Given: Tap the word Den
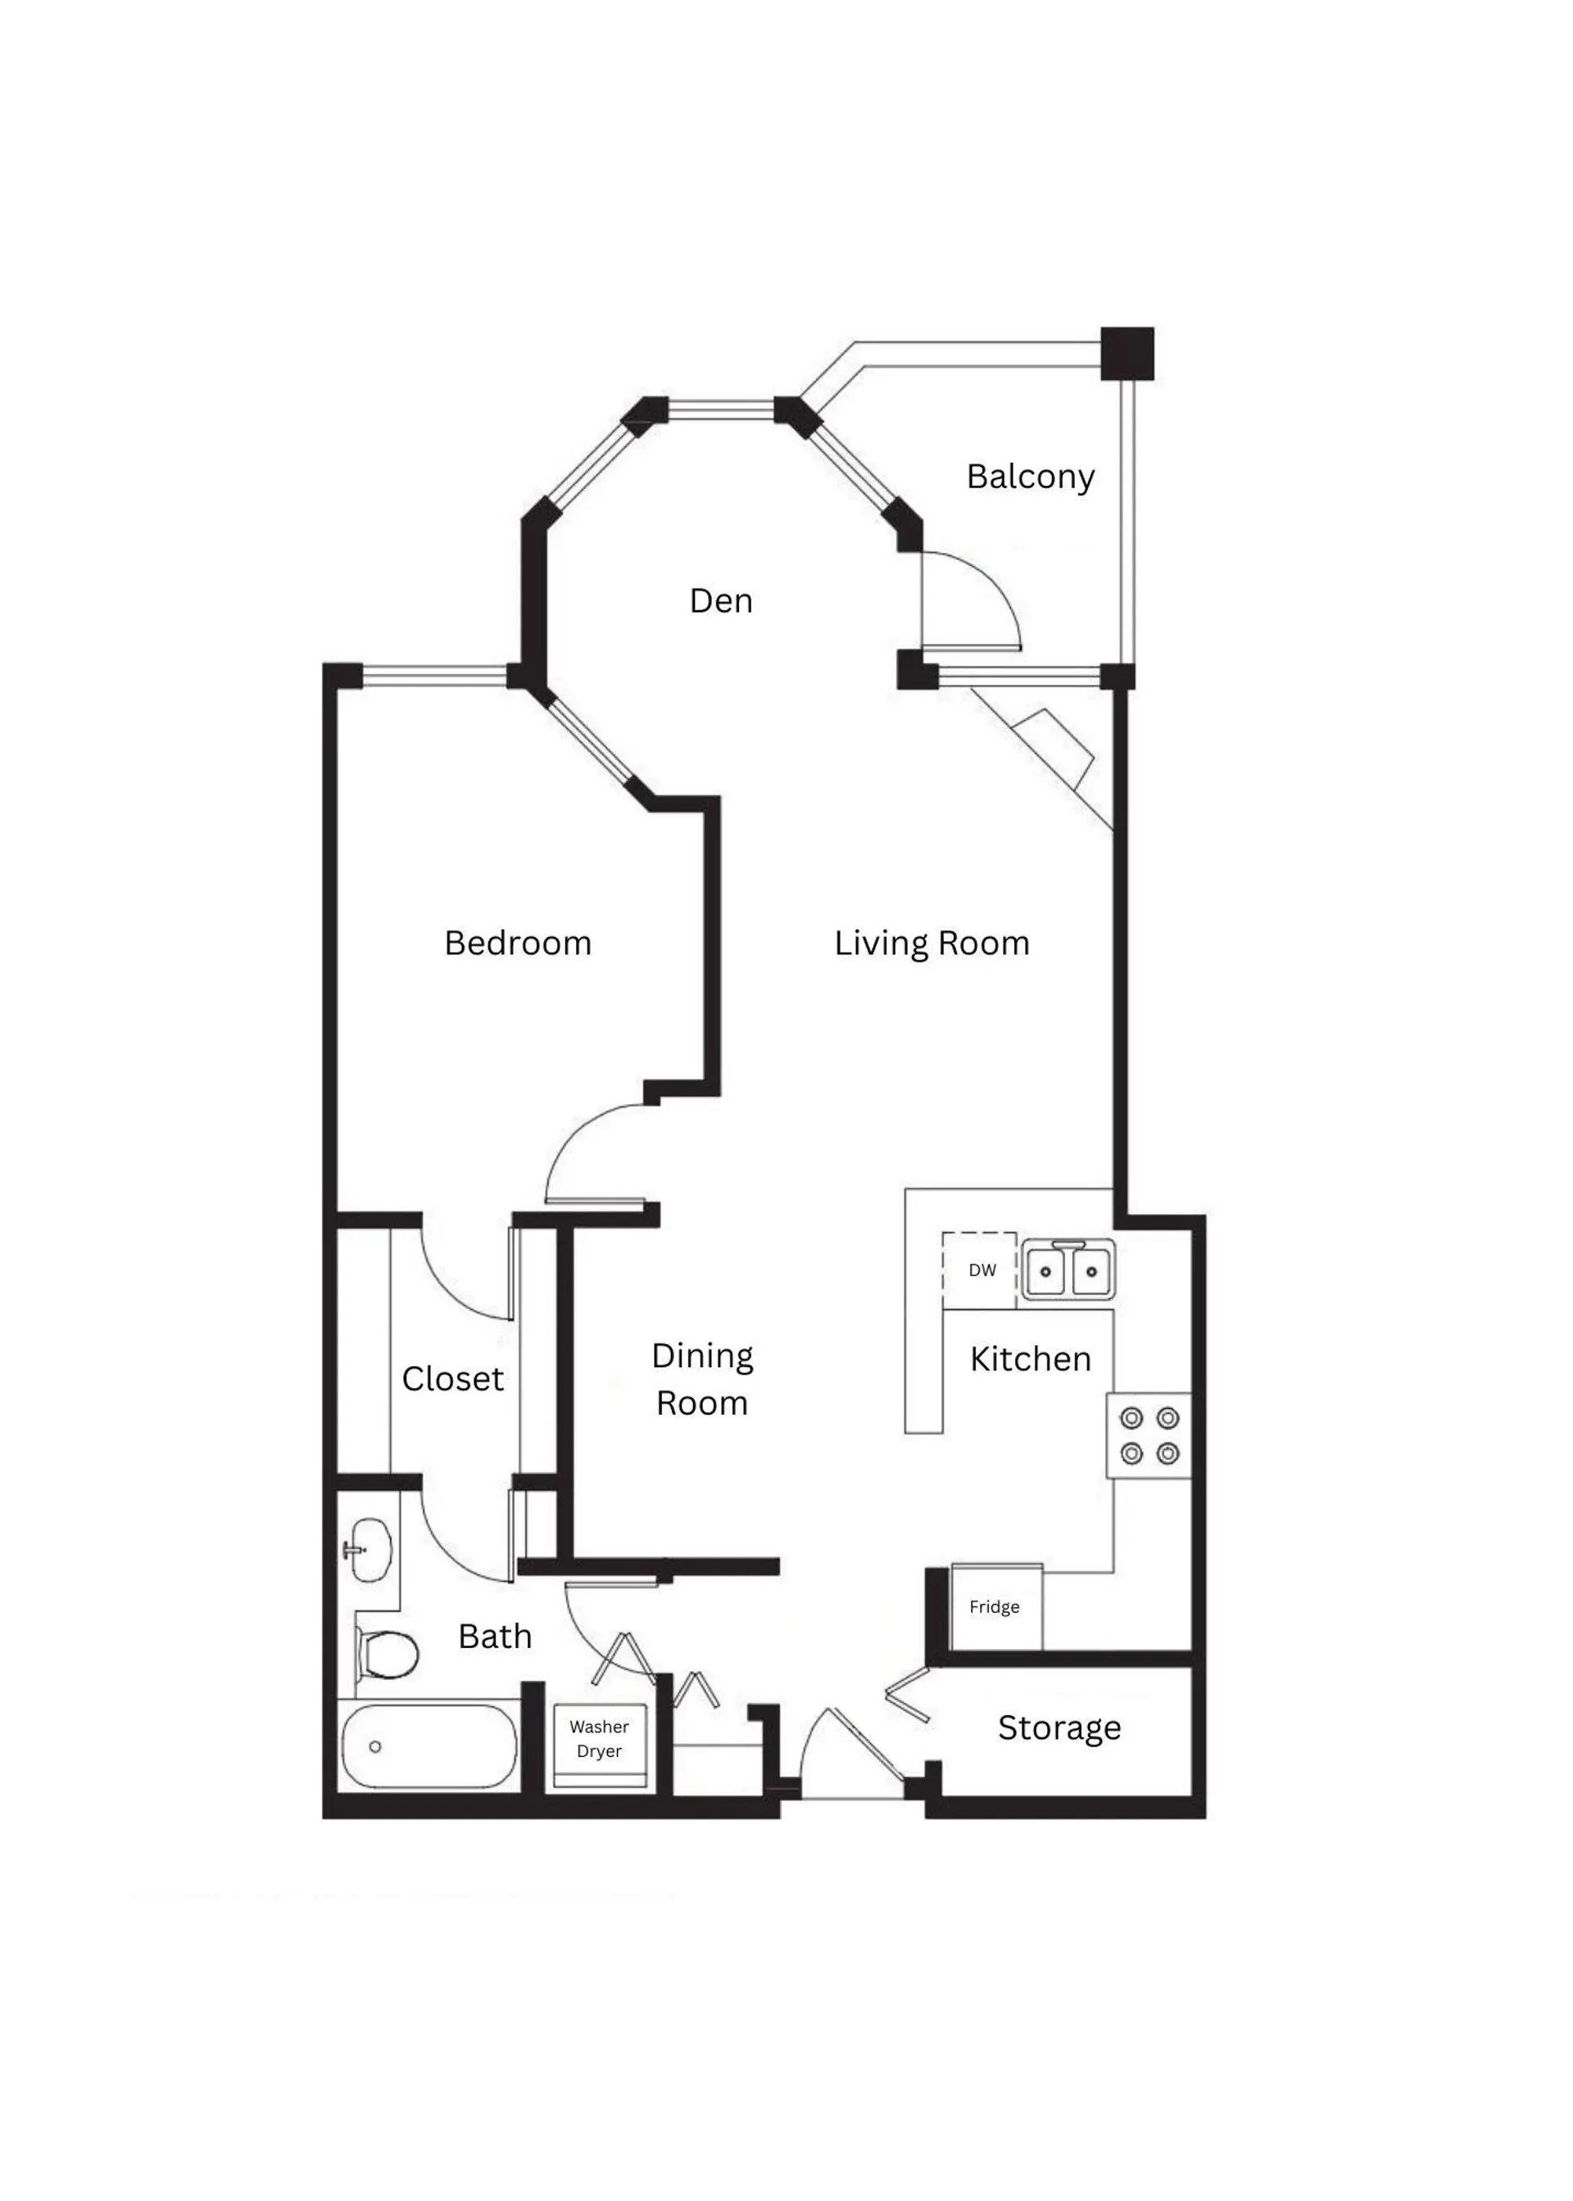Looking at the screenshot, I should coord(721,600).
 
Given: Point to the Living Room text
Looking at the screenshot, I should coord(931,943).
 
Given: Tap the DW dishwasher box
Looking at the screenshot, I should coord(980,1270).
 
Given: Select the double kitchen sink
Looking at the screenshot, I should coord(1068,1270).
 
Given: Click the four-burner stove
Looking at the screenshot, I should coord(1149,1435).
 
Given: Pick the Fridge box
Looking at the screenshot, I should coord(995,1606).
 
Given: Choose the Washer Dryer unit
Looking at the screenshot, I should coord(600,1739).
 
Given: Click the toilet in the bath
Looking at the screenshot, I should coord(388,1654).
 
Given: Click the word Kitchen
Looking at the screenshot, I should coord(1030,1360).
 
